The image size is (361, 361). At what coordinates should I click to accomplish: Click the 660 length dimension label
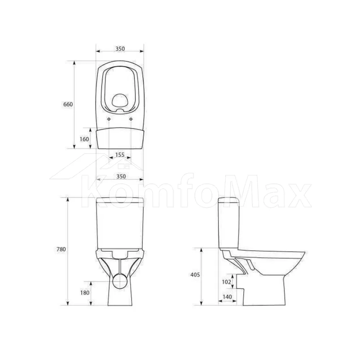tap(68, 104)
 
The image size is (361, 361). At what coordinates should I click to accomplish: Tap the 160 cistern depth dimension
tap(84, 139)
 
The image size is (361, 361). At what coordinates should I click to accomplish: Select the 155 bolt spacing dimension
tap(120, 155)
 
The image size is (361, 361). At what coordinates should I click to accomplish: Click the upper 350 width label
tap(120, 49)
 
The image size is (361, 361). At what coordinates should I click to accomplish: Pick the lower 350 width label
tap(121, 177)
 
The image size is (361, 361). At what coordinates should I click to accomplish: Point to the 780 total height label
tap(61, 249)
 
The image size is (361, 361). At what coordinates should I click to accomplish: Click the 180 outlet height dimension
tap(85, 293)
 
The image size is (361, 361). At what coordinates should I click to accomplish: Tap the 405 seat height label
tap(195, 275)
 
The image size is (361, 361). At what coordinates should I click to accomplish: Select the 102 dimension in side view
tap(226, 282)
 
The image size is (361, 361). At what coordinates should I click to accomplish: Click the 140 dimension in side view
tap(227, 297)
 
